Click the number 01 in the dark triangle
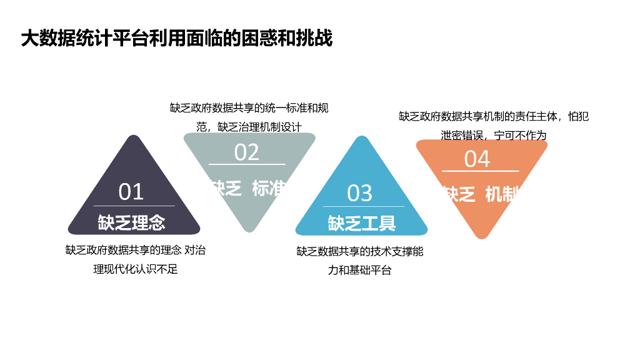click(131, 192)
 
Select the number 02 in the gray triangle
click(247, 152)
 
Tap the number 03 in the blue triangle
click(360, 193)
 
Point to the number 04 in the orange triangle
click(477, 159)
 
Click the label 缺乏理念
click(131, 222)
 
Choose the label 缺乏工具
click(362, 222)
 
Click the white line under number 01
click(134, 206)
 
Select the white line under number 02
click(247, 164)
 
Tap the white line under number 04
click(480, 171)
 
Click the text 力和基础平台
click(360, 271)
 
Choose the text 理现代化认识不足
click(136, 269)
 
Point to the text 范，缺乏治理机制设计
click(249, 127)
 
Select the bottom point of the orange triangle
click(481, 237)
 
